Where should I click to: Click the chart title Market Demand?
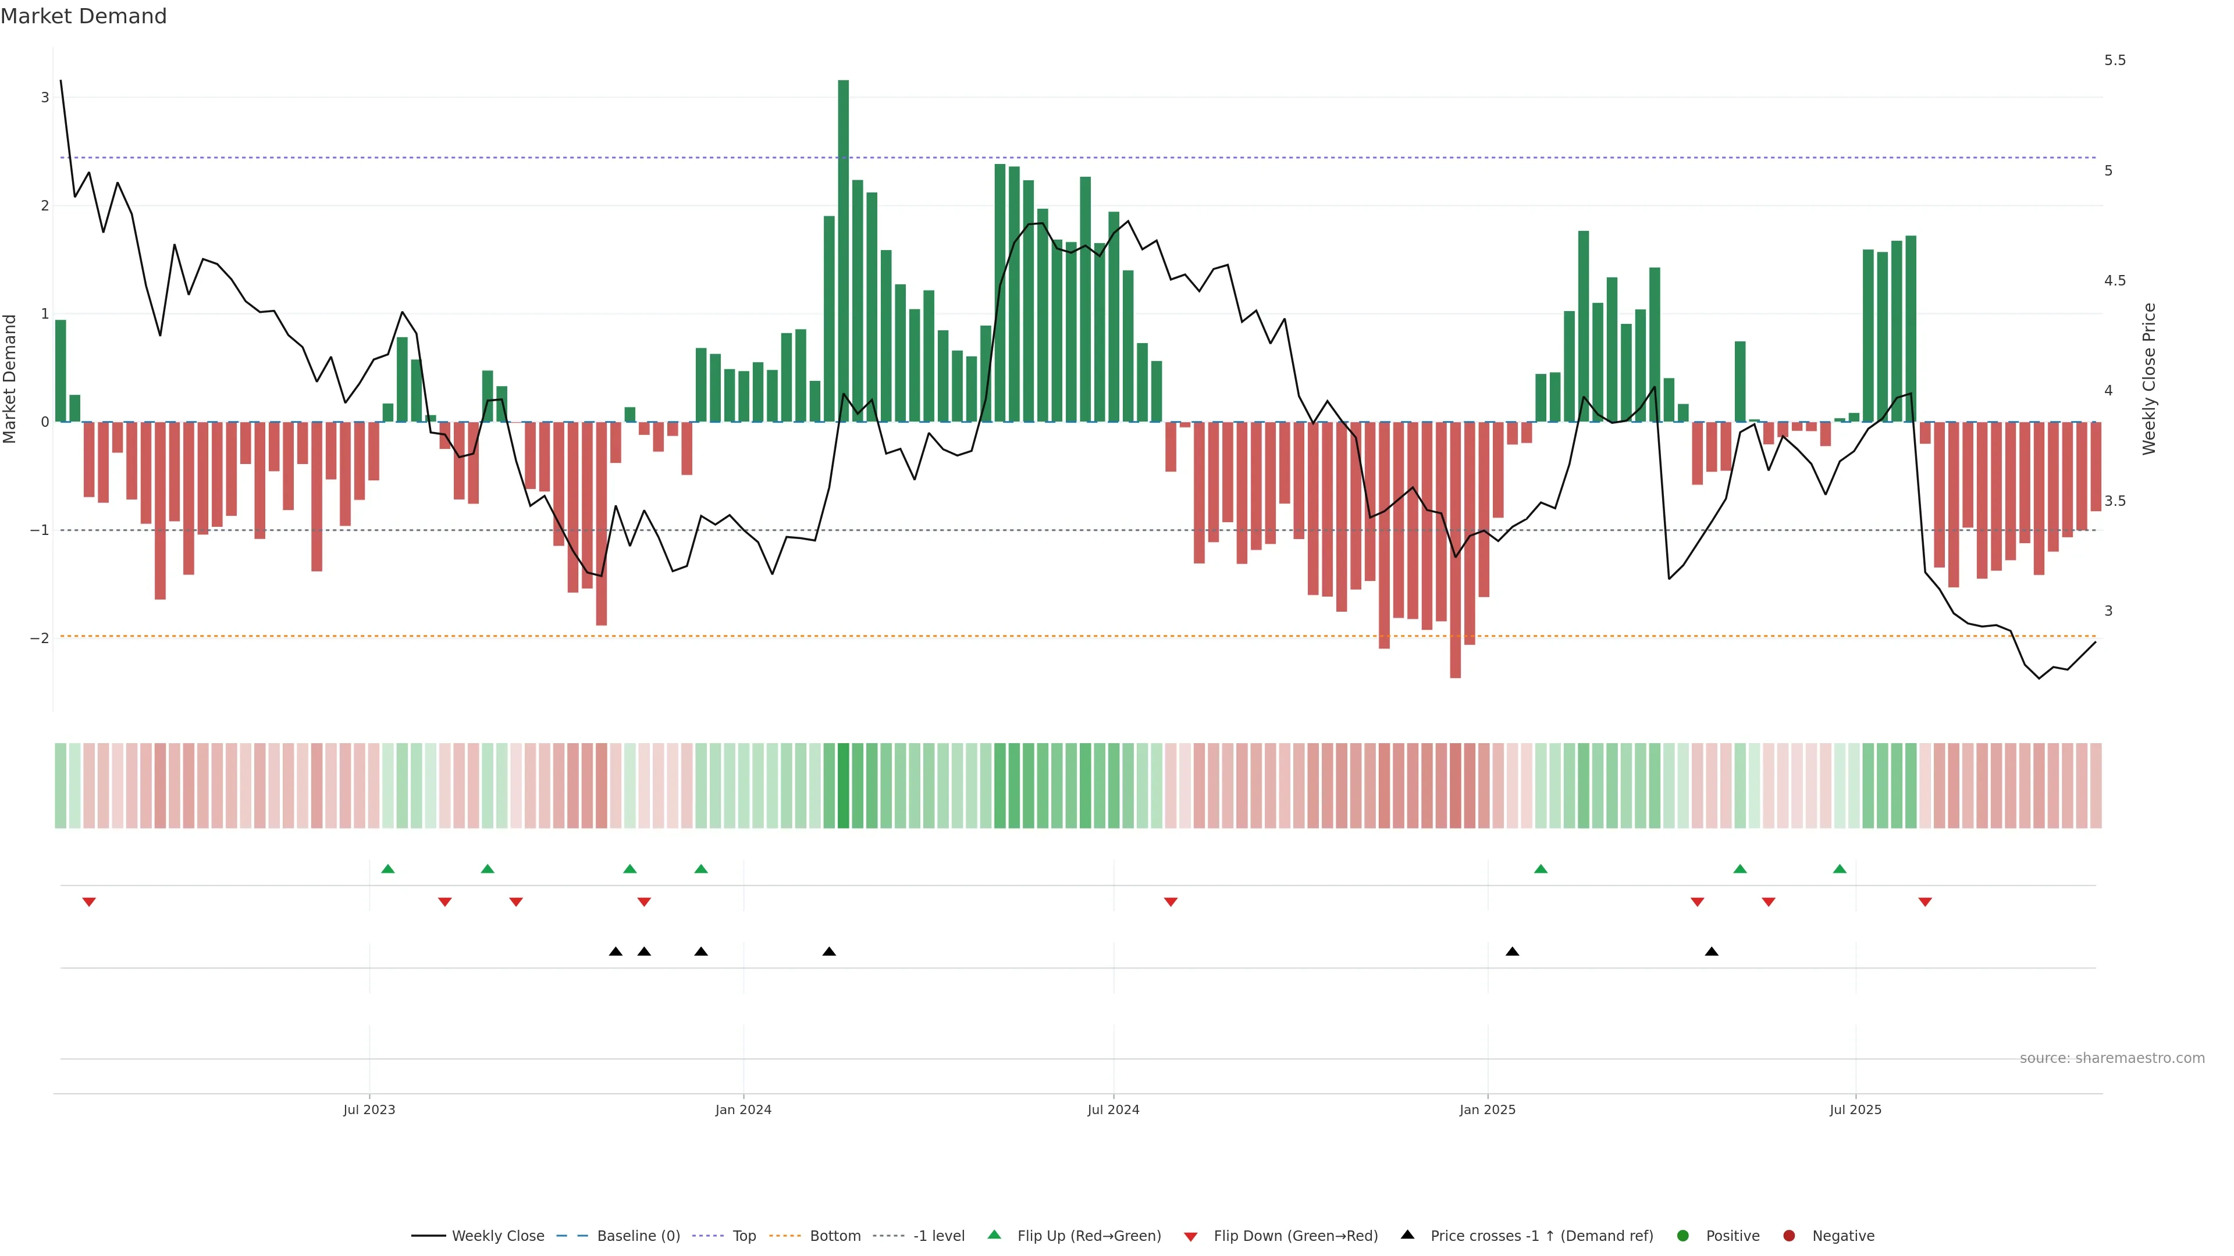pyautogui.click(x=83, y=16)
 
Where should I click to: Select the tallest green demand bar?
pyautogui.click(x=843, y=251)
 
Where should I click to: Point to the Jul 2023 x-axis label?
pyautogui.click(x=369, y=1109)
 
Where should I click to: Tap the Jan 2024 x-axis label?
pyautogui.click(x=744, y=1109)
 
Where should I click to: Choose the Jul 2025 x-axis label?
pyautogui.click(x=1855, y=1109)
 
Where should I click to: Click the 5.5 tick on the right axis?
pyautogui.click(x=2114, y=60)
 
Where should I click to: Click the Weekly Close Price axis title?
pyautogui.click(x=2148, y=379)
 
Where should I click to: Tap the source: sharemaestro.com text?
pyautogui.click(x=2112, y=1058)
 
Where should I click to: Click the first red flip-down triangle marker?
pyautogui.click(x=88, y=902)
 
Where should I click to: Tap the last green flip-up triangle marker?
pyautogui.click(x=1840, y=869)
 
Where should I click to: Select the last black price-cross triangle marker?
pyautogui.click(x=1711, y=952)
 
